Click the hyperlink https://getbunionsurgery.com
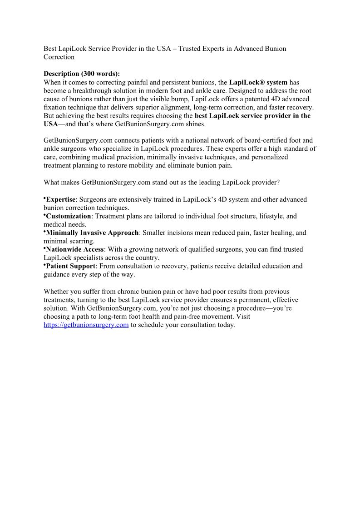(86, 325)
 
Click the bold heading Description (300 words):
(82, 74)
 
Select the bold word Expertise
(60, 199)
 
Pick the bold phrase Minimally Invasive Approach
(92, 233)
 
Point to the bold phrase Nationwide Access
(75, 249)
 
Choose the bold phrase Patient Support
(71, 266)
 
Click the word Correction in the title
(59, 57)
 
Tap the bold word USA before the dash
(50, 124)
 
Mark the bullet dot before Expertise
(45, 198)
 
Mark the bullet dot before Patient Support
(45, 265)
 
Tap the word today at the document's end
(226, 325)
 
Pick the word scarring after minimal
(81, 241)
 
